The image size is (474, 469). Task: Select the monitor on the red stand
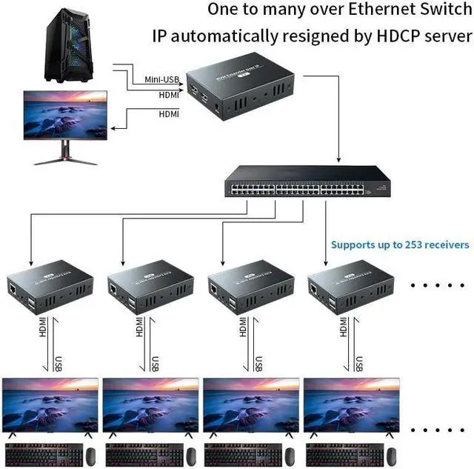pos(66,119)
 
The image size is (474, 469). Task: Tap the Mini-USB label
pos(162,80)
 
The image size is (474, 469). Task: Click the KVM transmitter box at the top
pos(241,90)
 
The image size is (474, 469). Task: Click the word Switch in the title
pos(441,10)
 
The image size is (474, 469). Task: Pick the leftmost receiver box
pos(50,285)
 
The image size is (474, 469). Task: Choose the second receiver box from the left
pos(150,285)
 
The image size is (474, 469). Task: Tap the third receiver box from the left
pos(251,285)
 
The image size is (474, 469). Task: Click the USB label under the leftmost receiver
pos(59,364)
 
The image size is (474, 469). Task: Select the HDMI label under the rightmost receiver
pos(341,327)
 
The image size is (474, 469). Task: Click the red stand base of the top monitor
pos(66,159)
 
